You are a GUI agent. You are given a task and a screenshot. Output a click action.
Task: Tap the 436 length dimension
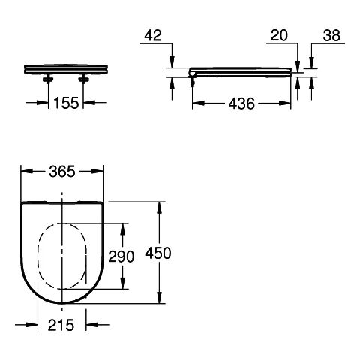pyautogui.click(x=241, y=104)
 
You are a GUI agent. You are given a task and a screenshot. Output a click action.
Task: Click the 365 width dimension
pyautogui.click(x=62, y=172)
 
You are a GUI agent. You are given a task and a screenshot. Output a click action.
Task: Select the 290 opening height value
pyautogui.click(x=120, y=256)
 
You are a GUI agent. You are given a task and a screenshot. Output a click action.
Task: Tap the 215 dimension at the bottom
pyautogui.click(x=61, y=325)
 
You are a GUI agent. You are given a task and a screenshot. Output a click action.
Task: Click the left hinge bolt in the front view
pyautogui.click(x=49, y=77)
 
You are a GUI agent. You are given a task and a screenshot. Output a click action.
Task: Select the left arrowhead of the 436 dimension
pyautogui.click(x=196, y=104)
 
